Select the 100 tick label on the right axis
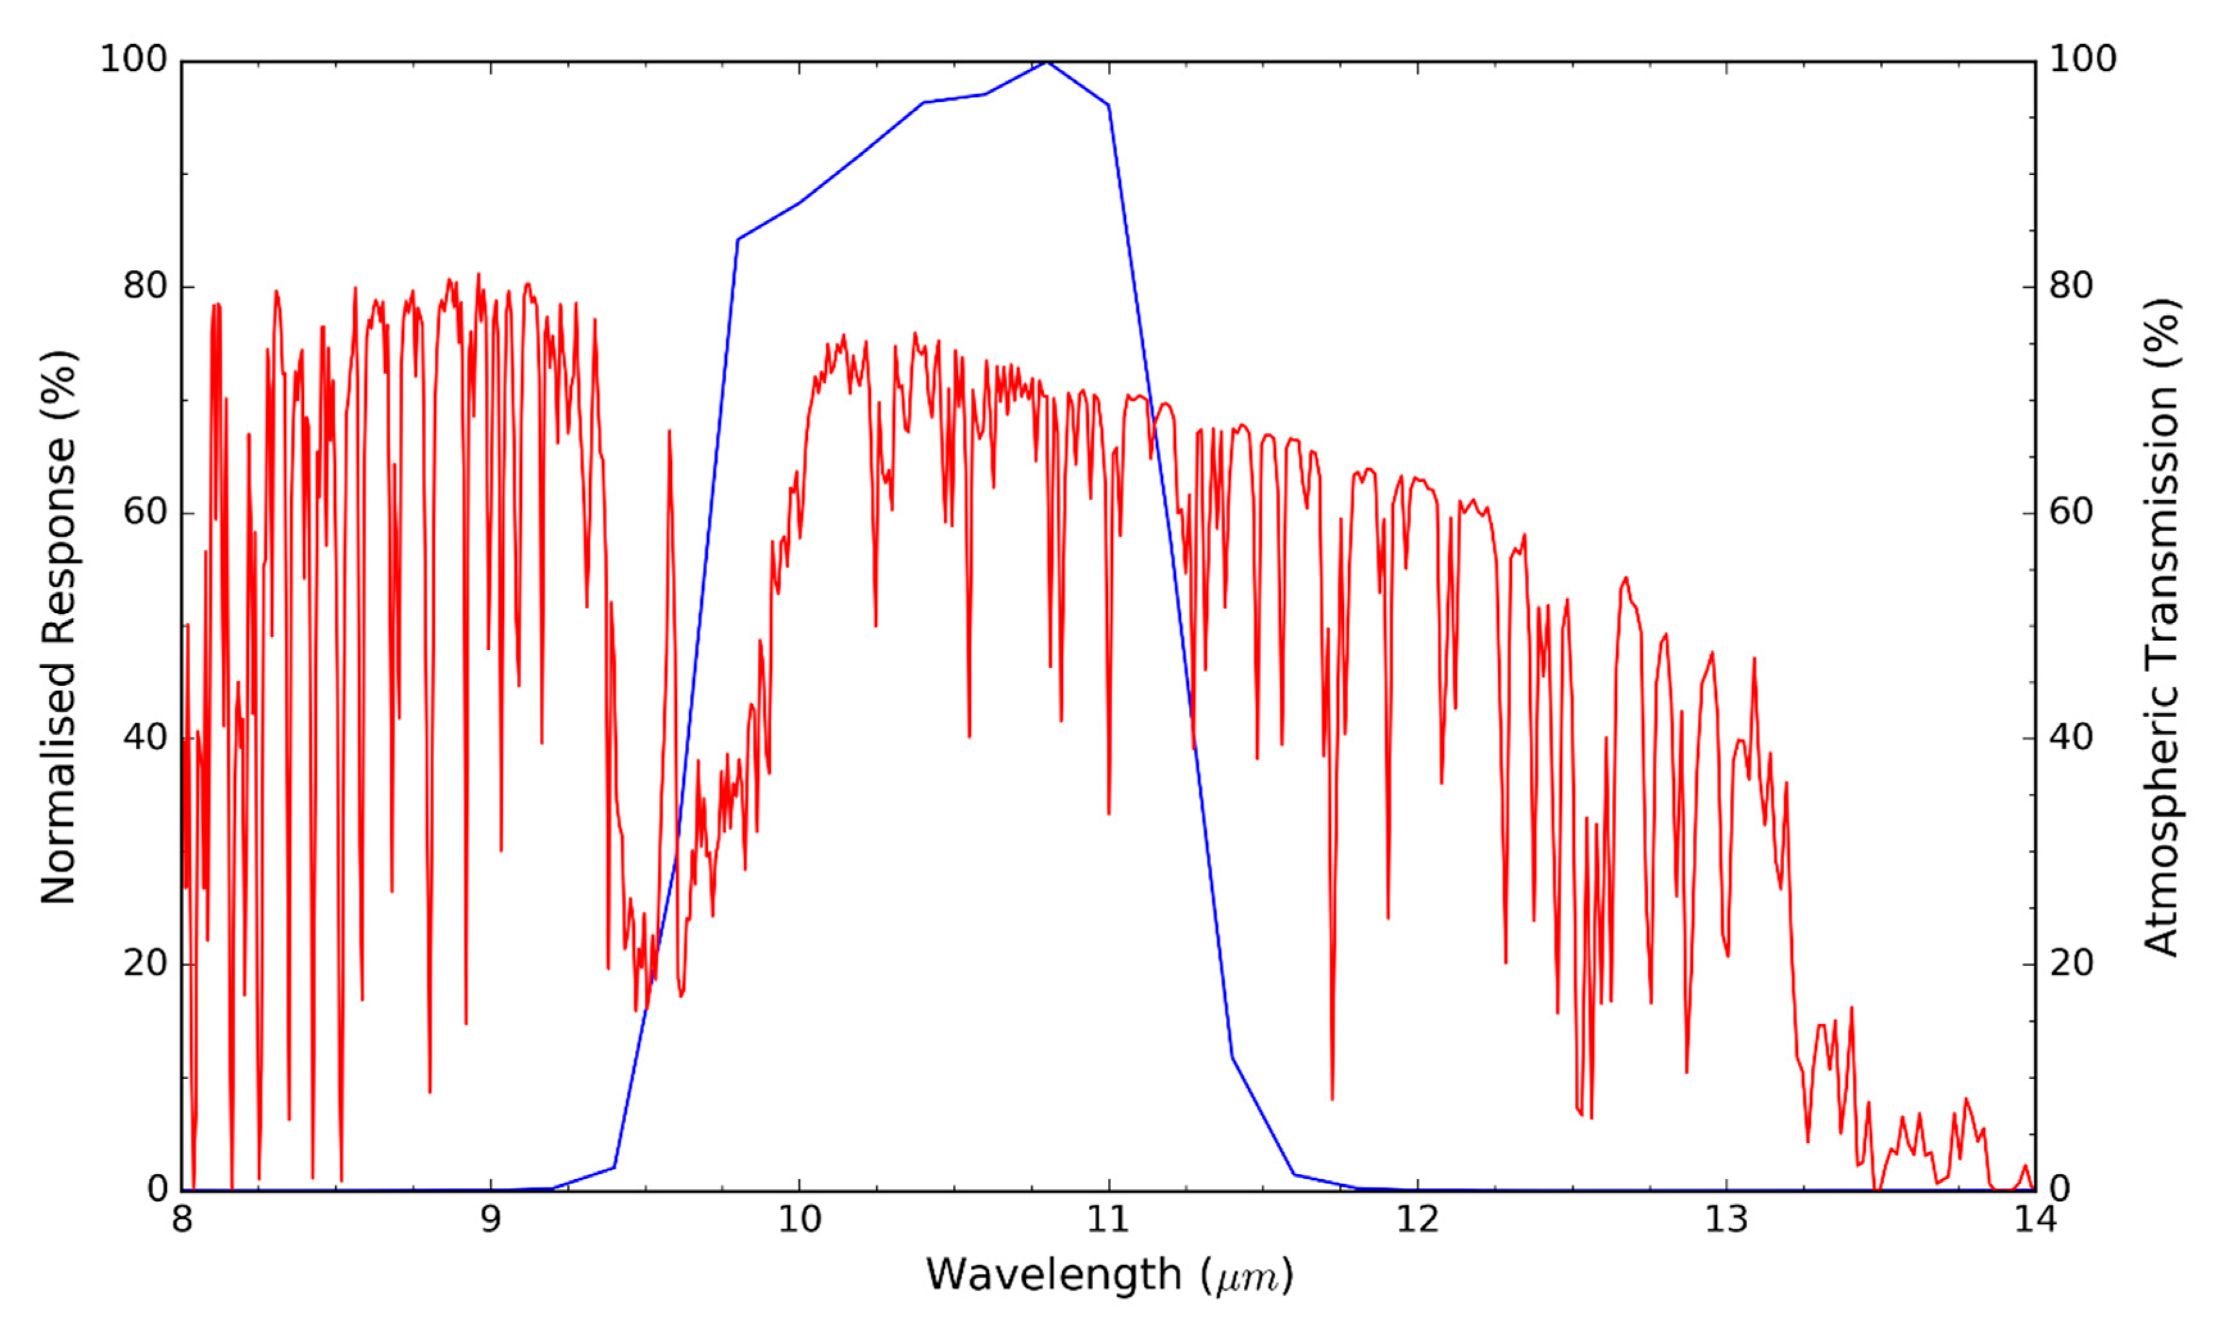pyautogui.click(x=2083, y=60)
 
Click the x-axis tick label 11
pyautogui.click(x=1109, y=1219)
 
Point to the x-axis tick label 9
pyautogui.click(x=491, y=1219)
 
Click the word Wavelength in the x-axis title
pyautogui.click(x=1053, y=1275)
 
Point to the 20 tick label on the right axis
pyautogui.click(x=2072, y=963)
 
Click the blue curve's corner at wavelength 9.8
pyautogui.click(x=738, y=240)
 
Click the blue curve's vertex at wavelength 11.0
pyautogui.click(x=1108, y=105)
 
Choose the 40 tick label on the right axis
pyautogui.click(x=2072, y=737)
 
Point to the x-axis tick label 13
pyautogui.click(x=1727, y=1219)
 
